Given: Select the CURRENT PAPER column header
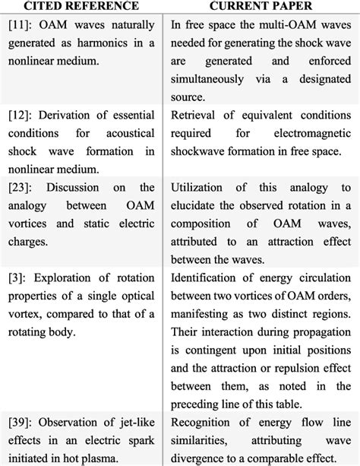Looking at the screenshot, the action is (x=261, y=6).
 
